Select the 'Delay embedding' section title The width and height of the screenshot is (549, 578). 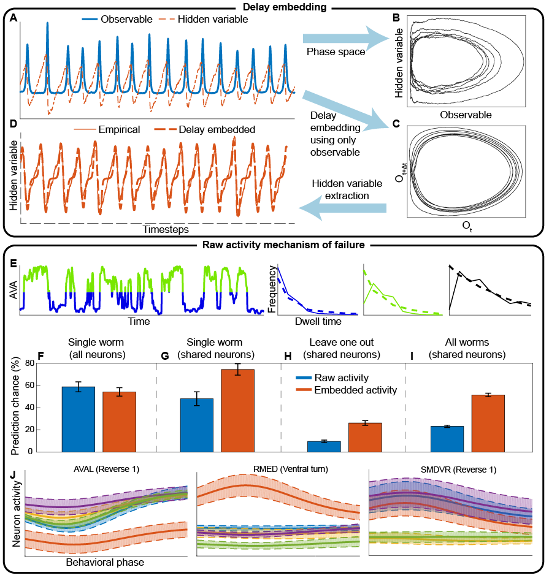point(274,7)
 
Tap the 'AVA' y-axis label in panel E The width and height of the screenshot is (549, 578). point(12,289)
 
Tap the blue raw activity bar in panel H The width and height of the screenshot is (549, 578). point(324,447)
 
